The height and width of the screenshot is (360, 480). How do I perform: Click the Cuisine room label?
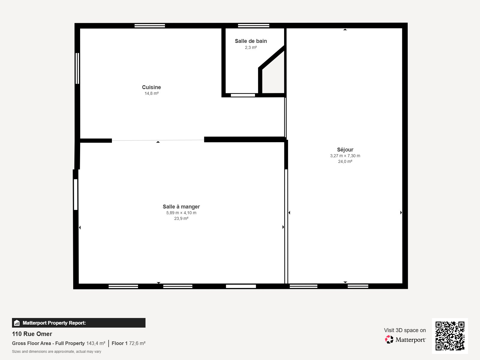[x=151, y=87]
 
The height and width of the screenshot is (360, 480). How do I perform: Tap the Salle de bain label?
[x=250, y=41]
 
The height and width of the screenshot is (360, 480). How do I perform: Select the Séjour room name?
[x=345, y=150]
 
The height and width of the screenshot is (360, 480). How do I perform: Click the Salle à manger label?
[x=181, y=207]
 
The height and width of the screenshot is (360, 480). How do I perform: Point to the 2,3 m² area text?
[x=250, y=48]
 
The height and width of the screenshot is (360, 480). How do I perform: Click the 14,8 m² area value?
[x=151, y=94]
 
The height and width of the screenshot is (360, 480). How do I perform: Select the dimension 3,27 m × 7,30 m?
[x=345, y=156]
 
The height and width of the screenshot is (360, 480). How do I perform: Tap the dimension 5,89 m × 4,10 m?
[x=181, y=213]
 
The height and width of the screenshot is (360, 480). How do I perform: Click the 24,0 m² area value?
[x=345, y=162]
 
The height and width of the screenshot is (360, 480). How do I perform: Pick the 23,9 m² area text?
[x=181, y=219]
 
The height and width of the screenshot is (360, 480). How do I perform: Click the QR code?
[x=450, y=336]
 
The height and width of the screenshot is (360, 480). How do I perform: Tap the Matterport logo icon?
[x=389, y=340]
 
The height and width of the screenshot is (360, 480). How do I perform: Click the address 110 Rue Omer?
[x=32, y=334]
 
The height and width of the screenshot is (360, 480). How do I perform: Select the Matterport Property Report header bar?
[x=79, y=323]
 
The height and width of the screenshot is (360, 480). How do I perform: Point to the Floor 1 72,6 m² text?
[x=128, y=343]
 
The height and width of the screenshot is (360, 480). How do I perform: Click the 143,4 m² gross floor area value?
[x=96, y=343]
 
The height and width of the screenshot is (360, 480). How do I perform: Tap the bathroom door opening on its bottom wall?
[x=243, y=95]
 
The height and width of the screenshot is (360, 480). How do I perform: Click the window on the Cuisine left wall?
[x=77, y=68]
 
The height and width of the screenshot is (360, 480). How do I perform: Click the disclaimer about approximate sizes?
[x=56, y=352]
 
